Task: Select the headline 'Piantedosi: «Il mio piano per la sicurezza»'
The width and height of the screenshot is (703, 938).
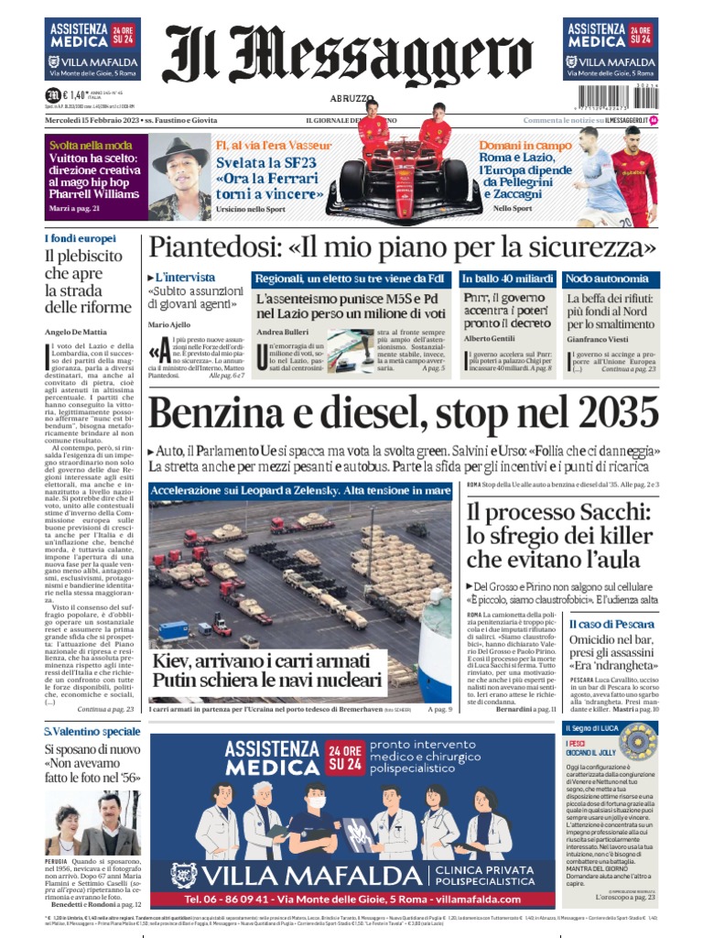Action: click(403, 247)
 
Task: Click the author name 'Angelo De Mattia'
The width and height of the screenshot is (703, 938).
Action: click(78, 332)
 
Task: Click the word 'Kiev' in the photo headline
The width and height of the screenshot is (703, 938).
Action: click(176, 660)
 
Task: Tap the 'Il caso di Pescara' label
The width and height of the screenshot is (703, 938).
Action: click(601, 623)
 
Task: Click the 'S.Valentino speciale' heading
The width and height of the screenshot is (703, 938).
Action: click(92, 732)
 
